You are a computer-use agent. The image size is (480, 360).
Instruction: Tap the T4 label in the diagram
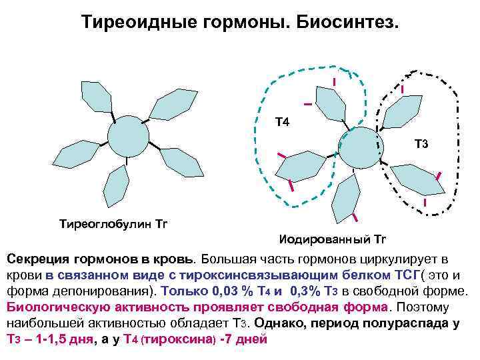click(x=283, y=122)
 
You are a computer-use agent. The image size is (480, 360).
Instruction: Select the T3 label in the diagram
click(x=421, y=143)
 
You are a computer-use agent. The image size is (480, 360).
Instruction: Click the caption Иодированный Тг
click(x=331, y=238)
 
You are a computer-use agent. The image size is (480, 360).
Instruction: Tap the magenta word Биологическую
click(x=50, y=307)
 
